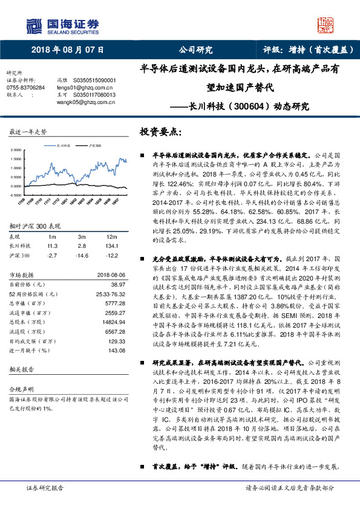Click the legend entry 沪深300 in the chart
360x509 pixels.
[94, 146]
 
